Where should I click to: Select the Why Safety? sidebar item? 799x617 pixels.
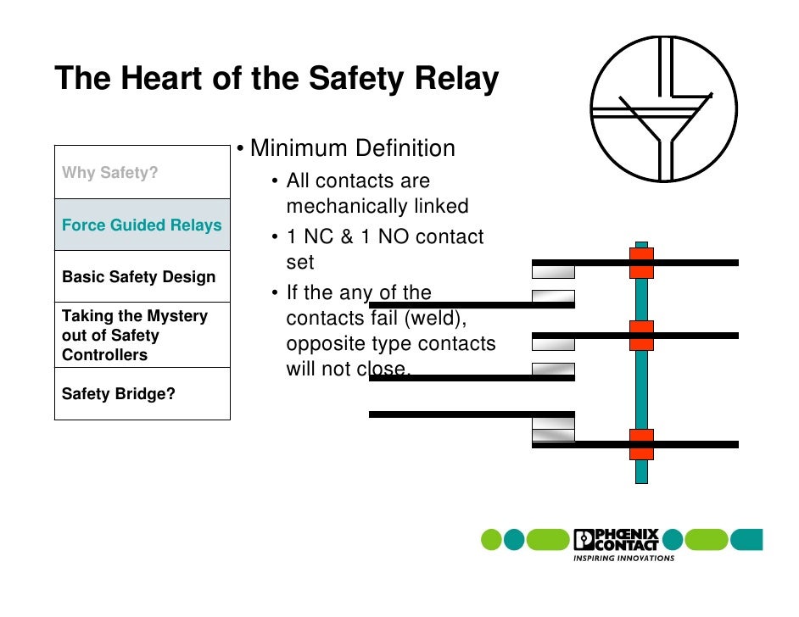[110, 174]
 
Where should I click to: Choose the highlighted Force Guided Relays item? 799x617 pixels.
[142, 225]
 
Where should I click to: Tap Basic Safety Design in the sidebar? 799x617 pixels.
[139, 277]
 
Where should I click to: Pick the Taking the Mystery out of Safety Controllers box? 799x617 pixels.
[136, 335]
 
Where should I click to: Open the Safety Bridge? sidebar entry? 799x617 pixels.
[119, 394]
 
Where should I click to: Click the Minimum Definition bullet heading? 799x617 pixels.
[352, 149]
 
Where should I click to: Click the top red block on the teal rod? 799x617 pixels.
[641, 263]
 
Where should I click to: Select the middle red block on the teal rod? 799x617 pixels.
[641, 336]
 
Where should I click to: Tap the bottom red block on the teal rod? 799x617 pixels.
[641, 444]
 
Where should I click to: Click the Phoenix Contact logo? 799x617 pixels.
[616, 539]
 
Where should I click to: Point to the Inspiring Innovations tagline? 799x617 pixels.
[624, 559]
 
